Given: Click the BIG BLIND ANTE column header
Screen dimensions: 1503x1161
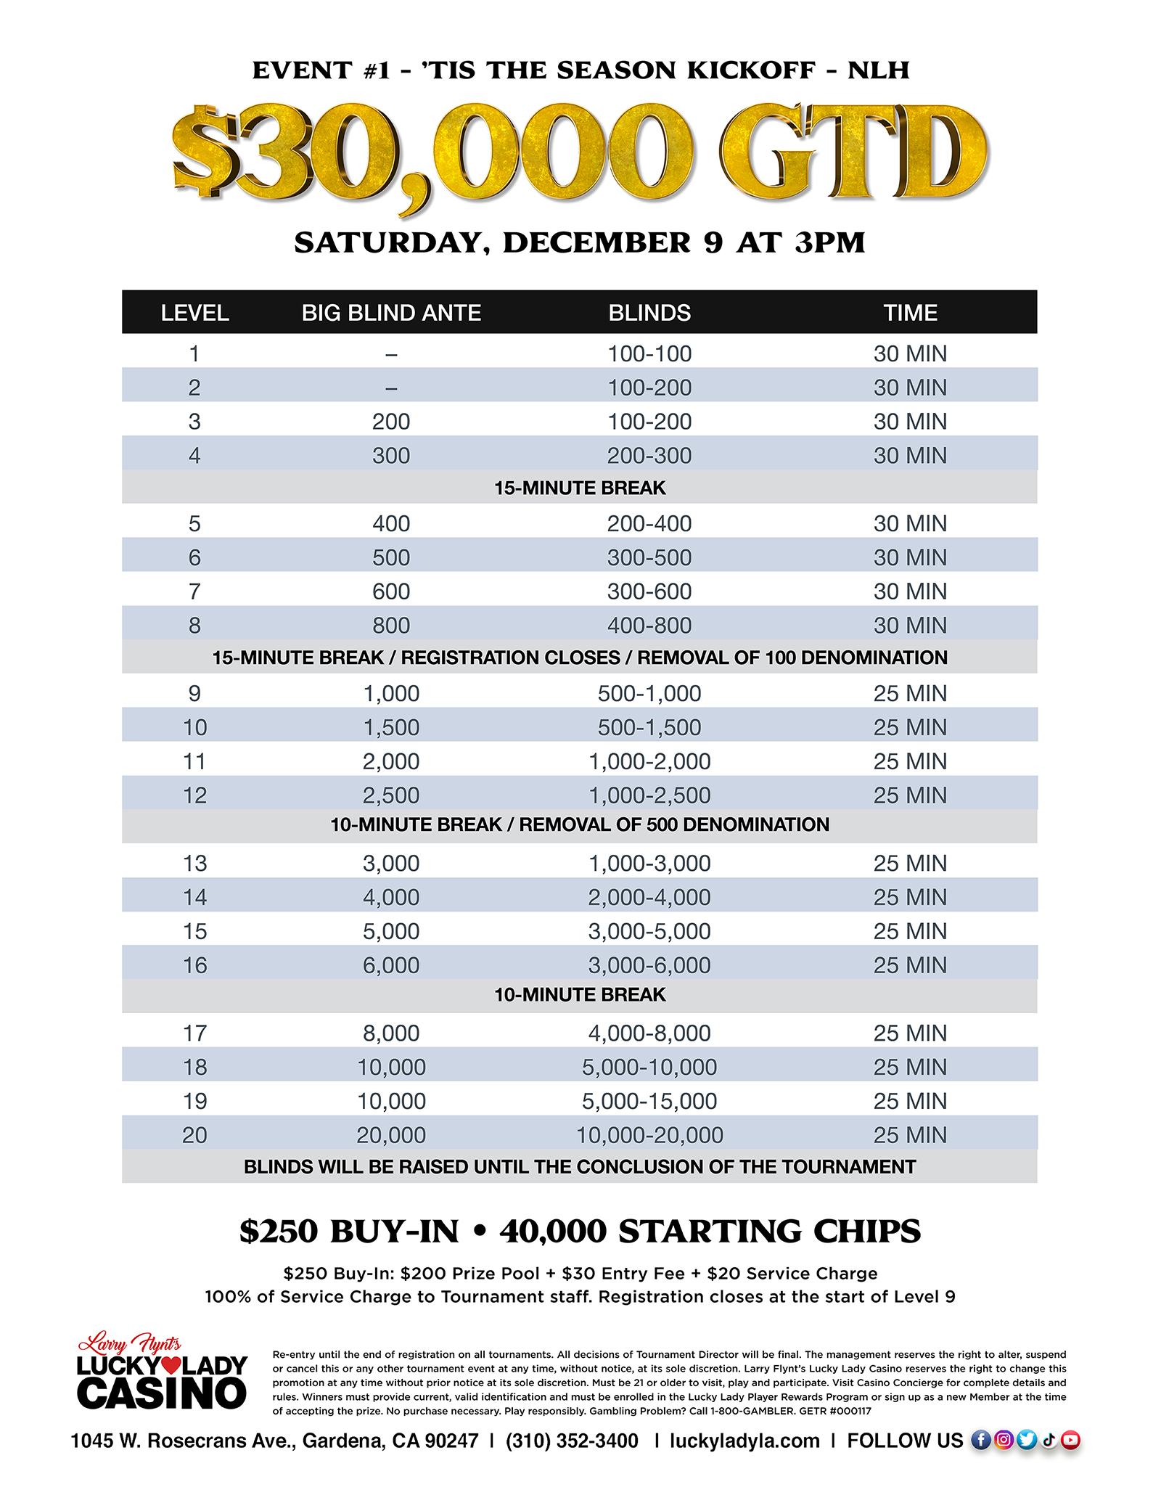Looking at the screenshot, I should (x=391, y=313).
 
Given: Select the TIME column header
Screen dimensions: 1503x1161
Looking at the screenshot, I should (x=910, y=313).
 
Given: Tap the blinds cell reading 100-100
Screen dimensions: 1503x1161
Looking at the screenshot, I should (x=649, y=353).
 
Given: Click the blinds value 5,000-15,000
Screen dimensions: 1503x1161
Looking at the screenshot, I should (x=649, y=1101).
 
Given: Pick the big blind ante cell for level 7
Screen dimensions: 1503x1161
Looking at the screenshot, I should (x=391, y=591).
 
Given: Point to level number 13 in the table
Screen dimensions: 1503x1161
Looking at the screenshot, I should (x=194, y=863).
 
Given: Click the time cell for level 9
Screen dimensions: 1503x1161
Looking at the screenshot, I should (x=910, y=693).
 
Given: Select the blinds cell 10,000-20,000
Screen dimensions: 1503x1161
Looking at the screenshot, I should (x=649, y=1135).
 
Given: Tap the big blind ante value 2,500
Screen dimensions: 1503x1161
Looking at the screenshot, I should (x=391, y=795).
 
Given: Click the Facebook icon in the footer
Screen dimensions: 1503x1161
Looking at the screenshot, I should (x=980, y=1440).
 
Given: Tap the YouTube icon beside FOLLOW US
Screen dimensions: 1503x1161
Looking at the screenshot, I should (x=1071, y=1440).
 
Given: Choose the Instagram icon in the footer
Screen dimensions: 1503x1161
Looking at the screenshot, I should (x=1004, y=1440).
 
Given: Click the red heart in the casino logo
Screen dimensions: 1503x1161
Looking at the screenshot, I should (x=171, y=1365).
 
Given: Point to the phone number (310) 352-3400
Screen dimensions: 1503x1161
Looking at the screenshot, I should (x=572, y=1441).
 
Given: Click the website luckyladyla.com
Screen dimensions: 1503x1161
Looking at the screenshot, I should (x=744, y=1441).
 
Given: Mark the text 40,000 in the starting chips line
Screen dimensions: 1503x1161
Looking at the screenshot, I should (x=553, y=1231).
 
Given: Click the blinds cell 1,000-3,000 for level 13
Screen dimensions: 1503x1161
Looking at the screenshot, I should (x=649, y=863).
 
